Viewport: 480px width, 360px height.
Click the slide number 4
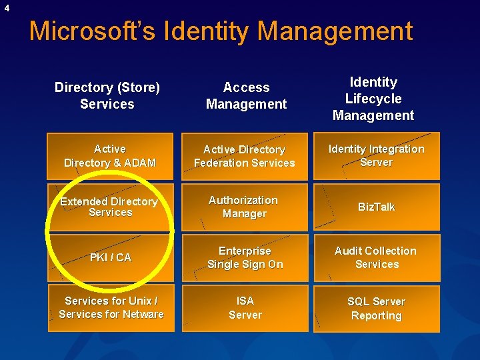tap(7, 8)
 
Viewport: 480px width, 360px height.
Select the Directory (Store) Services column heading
tap(107, 95)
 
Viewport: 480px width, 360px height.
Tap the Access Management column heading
tap(246, 95)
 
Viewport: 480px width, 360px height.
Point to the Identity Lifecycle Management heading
tap(373, 99)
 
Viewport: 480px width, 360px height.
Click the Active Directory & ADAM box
tap(111, 156)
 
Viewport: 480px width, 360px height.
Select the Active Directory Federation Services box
tap(245, 157)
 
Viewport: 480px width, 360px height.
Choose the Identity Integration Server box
tap(377, 156)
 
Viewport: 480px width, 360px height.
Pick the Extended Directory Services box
tap(111, 207)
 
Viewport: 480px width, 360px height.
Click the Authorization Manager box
tap(245, 207)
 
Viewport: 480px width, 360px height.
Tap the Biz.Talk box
tap(377, 207)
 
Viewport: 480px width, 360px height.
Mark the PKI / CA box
tap(111, 257)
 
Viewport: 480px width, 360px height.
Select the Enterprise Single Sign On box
tap(245, 257)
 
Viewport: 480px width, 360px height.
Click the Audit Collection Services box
tap(377, 257)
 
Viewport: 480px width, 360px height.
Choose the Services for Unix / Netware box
tap(111, 308)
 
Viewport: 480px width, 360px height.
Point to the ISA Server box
tap(245, 308)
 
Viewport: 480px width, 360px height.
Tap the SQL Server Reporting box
tap(377, 308)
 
